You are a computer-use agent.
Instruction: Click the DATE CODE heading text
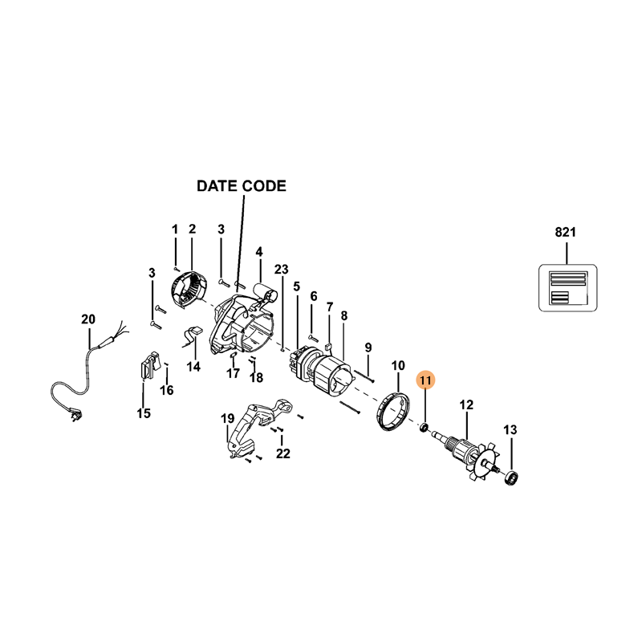[242, 186]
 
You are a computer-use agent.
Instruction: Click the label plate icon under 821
[566, 287]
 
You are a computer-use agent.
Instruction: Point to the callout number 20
[88, 319]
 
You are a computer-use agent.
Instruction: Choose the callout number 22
[282, 454]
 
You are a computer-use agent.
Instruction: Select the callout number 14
[193, 367]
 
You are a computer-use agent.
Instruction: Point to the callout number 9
[368, 347]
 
